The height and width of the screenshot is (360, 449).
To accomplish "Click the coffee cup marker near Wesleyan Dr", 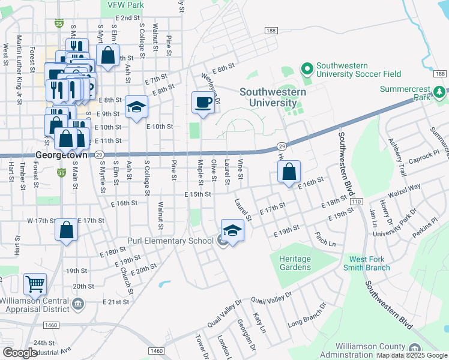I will point(202,103).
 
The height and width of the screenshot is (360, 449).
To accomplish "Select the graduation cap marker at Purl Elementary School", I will point(232,231).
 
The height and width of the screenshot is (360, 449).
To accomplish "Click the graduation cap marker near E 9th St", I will point(137,107).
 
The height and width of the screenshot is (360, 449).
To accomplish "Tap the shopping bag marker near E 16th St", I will point(289,172).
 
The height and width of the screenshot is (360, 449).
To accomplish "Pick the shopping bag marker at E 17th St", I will point(66,230).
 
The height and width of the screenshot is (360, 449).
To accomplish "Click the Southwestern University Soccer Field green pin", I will point(307,70).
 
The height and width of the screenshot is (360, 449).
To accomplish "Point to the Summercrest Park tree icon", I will point(441,92).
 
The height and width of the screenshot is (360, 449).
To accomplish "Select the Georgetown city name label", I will point(62,154).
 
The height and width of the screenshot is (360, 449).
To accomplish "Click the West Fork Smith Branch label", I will point(366,263).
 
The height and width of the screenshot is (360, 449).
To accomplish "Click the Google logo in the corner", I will point(20,353).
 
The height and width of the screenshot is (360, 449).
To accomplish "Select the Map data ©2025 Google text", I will point(411,355).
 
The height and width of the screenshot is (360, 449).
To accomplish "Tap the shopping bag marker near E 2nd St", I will point(107,55).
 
